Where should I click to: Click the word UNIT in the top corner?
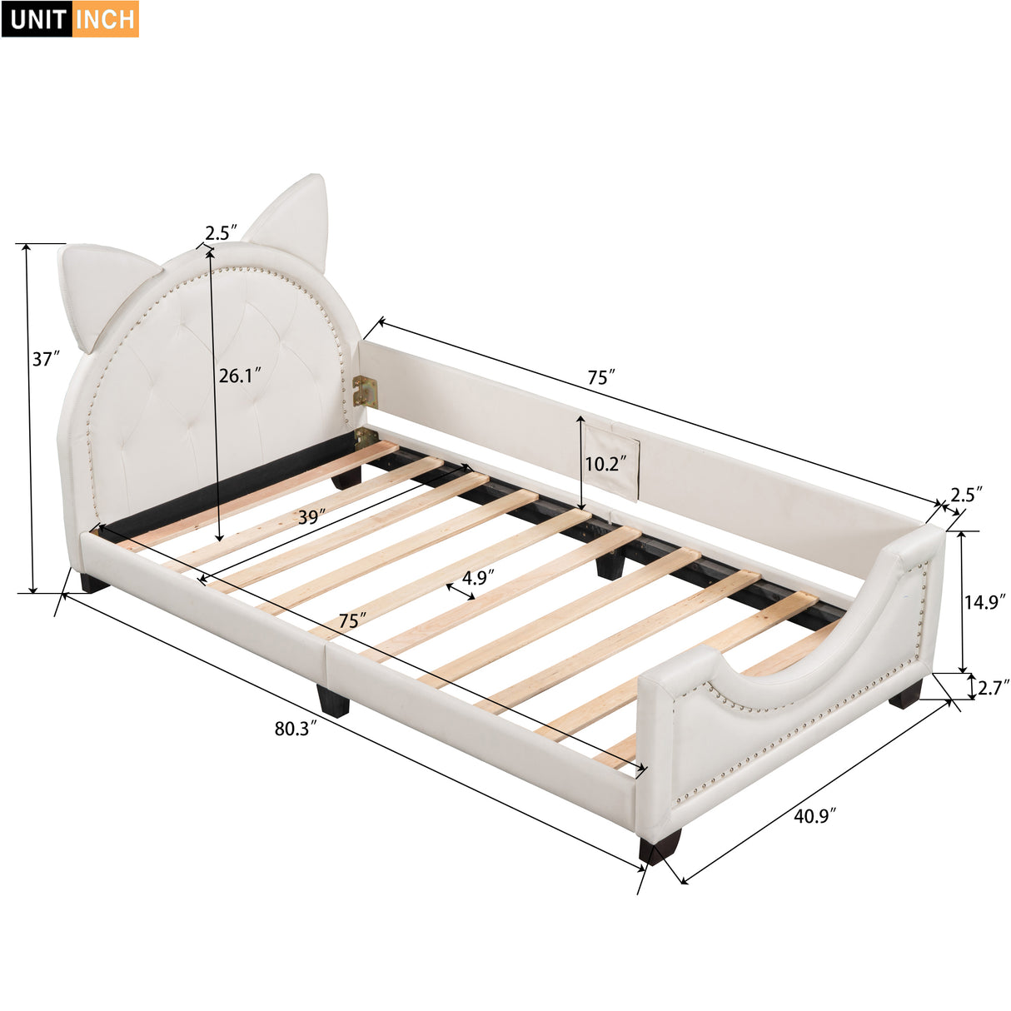[38, 19]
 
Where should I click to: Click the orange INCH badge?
[105, 19]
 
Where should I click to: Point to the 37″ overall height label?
[47, 359]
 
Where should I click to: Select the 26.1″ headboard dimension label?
[240, 376]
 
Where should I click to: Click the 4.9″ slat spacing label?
[479, 577]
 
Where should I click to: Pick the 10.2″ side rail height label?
[605, 464]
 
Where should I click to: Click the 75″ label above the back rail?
[600, 377]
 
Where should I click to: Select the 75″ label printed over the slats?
[353, 620]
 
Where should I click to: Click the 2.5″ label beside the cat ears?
[222, 233]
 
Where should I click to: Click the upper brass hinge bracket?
[364, 391]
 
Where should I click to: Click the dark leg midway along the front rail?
[333, 700]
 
